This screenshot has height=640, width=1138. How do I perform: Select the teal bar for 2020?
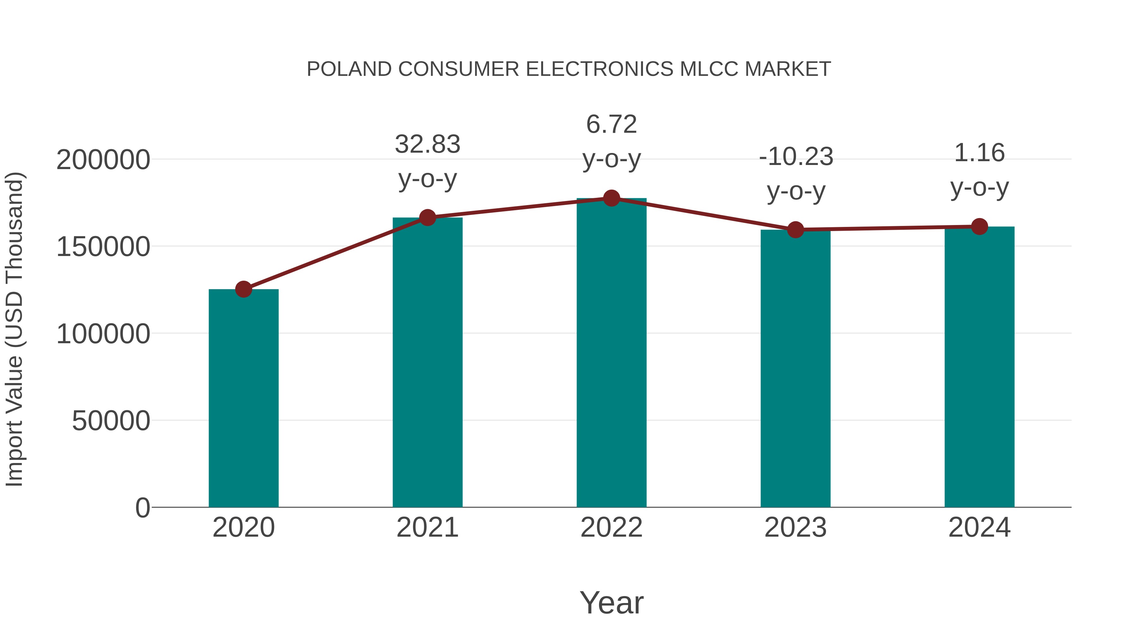click(x=243, y=398)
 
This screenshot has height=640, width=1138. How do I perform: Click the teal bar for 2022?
click(x=611, y=353)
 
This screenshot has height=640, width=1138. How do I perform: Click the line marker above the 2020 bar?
click(x=243, y=289)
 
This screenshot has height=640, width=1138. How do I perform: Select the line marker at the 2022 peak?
click(x=611, y=198)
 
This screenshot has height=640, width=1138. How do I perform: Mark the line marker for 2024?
click(x=979, y=227)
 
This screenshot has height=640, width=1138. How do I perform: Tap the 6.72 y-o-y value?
click(x=611, y=124)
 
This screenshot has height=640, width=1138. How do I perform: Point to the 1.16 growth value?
click(x=979, y=153)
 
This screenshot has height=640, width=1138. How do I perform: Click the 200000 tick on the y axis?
click(x=103, y=160)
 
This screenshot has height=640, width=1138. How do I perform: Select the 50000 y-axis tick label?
click(x=111, y=421)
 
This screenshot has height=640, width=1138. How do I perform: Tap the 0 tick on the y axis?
click(x=143, y=508)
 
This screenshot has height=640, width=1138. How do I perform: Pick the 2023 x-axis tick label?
click(x=795, y=528)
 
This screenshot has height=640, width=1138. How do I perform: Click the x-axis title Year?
click(x=611, y=603)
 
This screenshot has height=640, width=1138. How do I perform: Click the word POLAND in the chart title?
click(x=349, y=69)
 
